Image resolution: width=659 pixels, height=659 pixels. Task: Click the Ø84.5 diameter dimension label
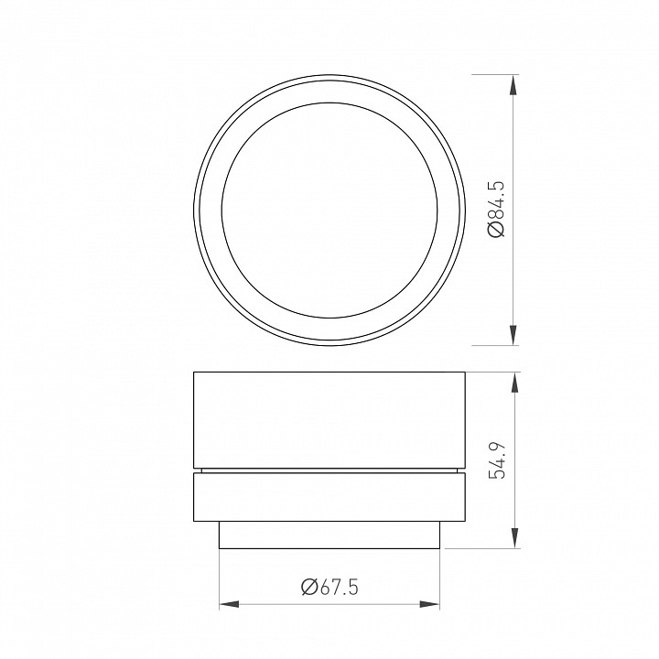pyautogui.click(x=497, y=209)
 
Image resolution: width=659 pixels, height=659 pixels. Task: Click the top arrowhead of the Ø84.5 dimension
pyautogui.click(x=513, y=84)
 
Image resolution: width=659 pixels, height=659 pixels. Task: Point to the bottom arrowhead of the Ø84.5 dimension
pyautogui.click(x=513, y=334)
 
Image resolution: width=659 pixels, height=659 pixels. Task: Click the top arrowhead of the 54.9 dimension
pyautogui.click(x=513, y=383)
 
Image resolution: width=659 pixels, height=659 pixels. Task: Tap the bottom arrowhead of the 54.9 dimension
pyautogui.click(x=513, y=537)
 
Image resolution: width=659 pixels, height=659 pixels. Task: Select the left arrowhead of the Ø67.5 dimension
pyautogui.click(x=229, y=604)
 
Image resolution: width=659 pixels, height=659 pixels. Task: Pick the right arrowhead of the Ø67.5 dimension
pyautogui.click(x=431, y=604)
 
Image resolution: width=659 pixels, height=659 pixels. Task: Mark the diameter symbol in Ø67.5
pyautogui.click(x=308, y=587)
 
